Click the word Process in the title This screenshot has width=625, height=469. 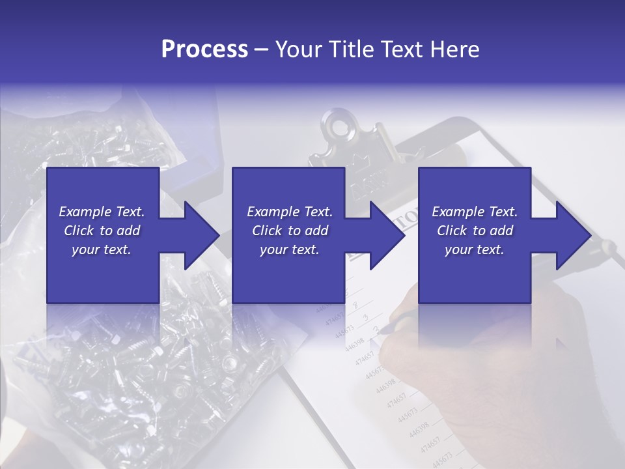pyautogui.click(x=204, y=50)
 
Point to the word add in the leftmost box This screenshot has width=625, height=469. pyautogui.click(x=128, y=231)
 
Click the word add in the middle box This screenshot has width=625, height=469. pyautogui.click(x=316, y=231)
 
